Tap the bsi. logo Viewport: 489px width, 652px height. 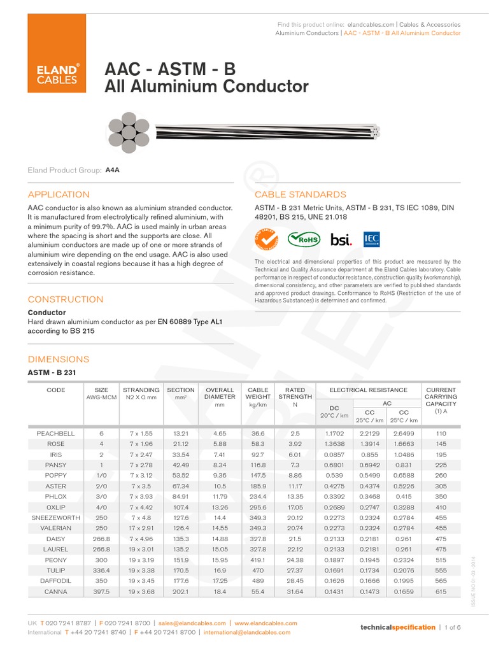[341, 239]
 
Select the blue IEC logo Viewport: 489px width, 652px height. [371, 239]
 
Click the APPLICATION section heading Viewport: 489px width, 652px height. [59, 194]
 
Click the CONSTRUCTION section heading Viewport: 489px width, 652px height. [66, 299]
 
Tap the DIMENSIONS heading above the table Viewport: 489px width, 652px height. [59, 359]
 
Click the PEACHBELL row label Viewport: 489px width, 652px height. [56, 433]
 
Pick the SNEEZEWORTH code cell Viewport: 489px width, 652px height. [56, 518]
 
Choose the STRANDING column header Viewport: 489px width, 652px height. [141, 390]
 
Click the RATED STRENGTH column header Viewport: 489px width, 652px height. [295, 393]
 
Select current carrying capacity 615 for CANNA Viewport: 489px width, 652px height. [441, 592]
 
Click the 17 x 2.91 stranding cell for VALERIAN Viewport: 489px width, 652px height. [141, 528]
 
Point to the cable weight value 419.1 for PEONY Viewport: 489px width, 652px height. [258, 560]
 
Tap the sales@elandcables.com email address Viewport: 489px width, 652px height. [192, 623]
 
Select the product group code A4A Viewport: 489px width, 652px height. [113, 171]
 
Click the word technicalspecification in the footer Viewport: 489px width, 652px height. [398, 627]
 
